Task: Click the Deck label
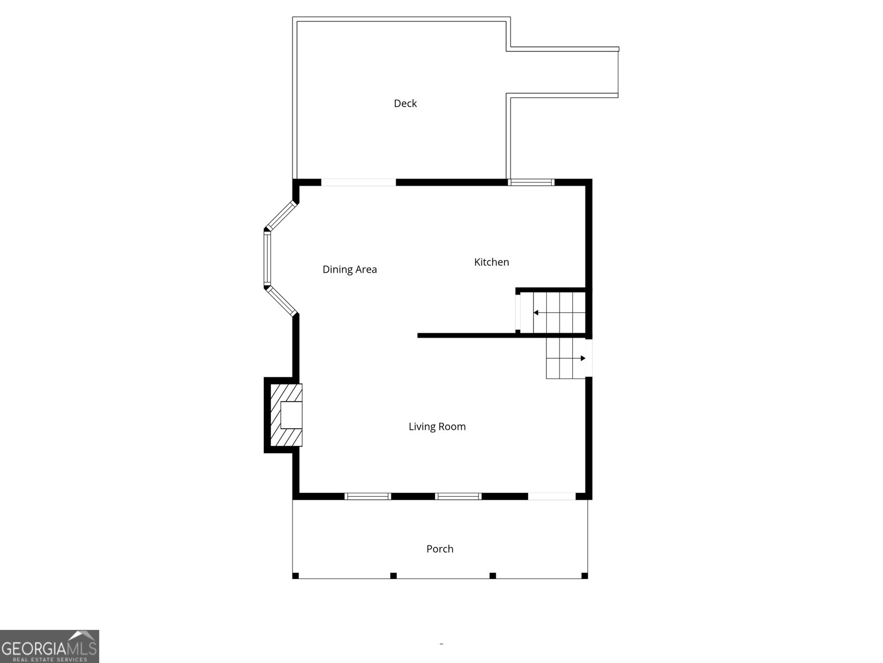405,103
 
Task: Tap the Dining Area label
349,270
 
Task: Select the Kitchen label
491,262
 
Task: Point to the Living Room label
437,427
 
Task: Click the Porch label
440,549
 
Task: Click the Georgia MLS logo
49,646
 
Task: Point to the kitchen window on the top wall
531,182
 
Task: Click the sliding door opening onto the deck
359,182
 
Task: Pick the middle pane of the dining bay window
268,259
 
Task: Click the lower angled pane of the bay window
281,301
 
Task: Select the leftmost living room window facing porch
368,496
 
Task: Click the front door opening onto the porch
552,496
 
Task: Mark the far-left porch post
295,576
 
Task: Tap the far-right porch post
584,576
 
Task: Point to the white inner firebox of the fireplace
291,415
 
